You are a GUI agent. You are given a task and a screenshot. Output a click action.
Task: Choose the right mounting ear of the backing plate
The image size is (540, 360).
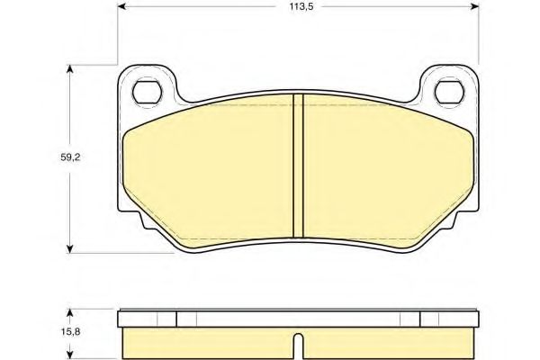[447, 87]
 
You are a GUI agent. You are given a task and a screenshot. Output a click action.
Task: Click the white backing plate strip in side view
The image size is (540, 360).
[297, 317]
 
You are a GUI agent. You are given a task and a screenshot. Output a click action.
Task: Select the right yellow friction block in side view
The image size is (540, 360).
[389, 339]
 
